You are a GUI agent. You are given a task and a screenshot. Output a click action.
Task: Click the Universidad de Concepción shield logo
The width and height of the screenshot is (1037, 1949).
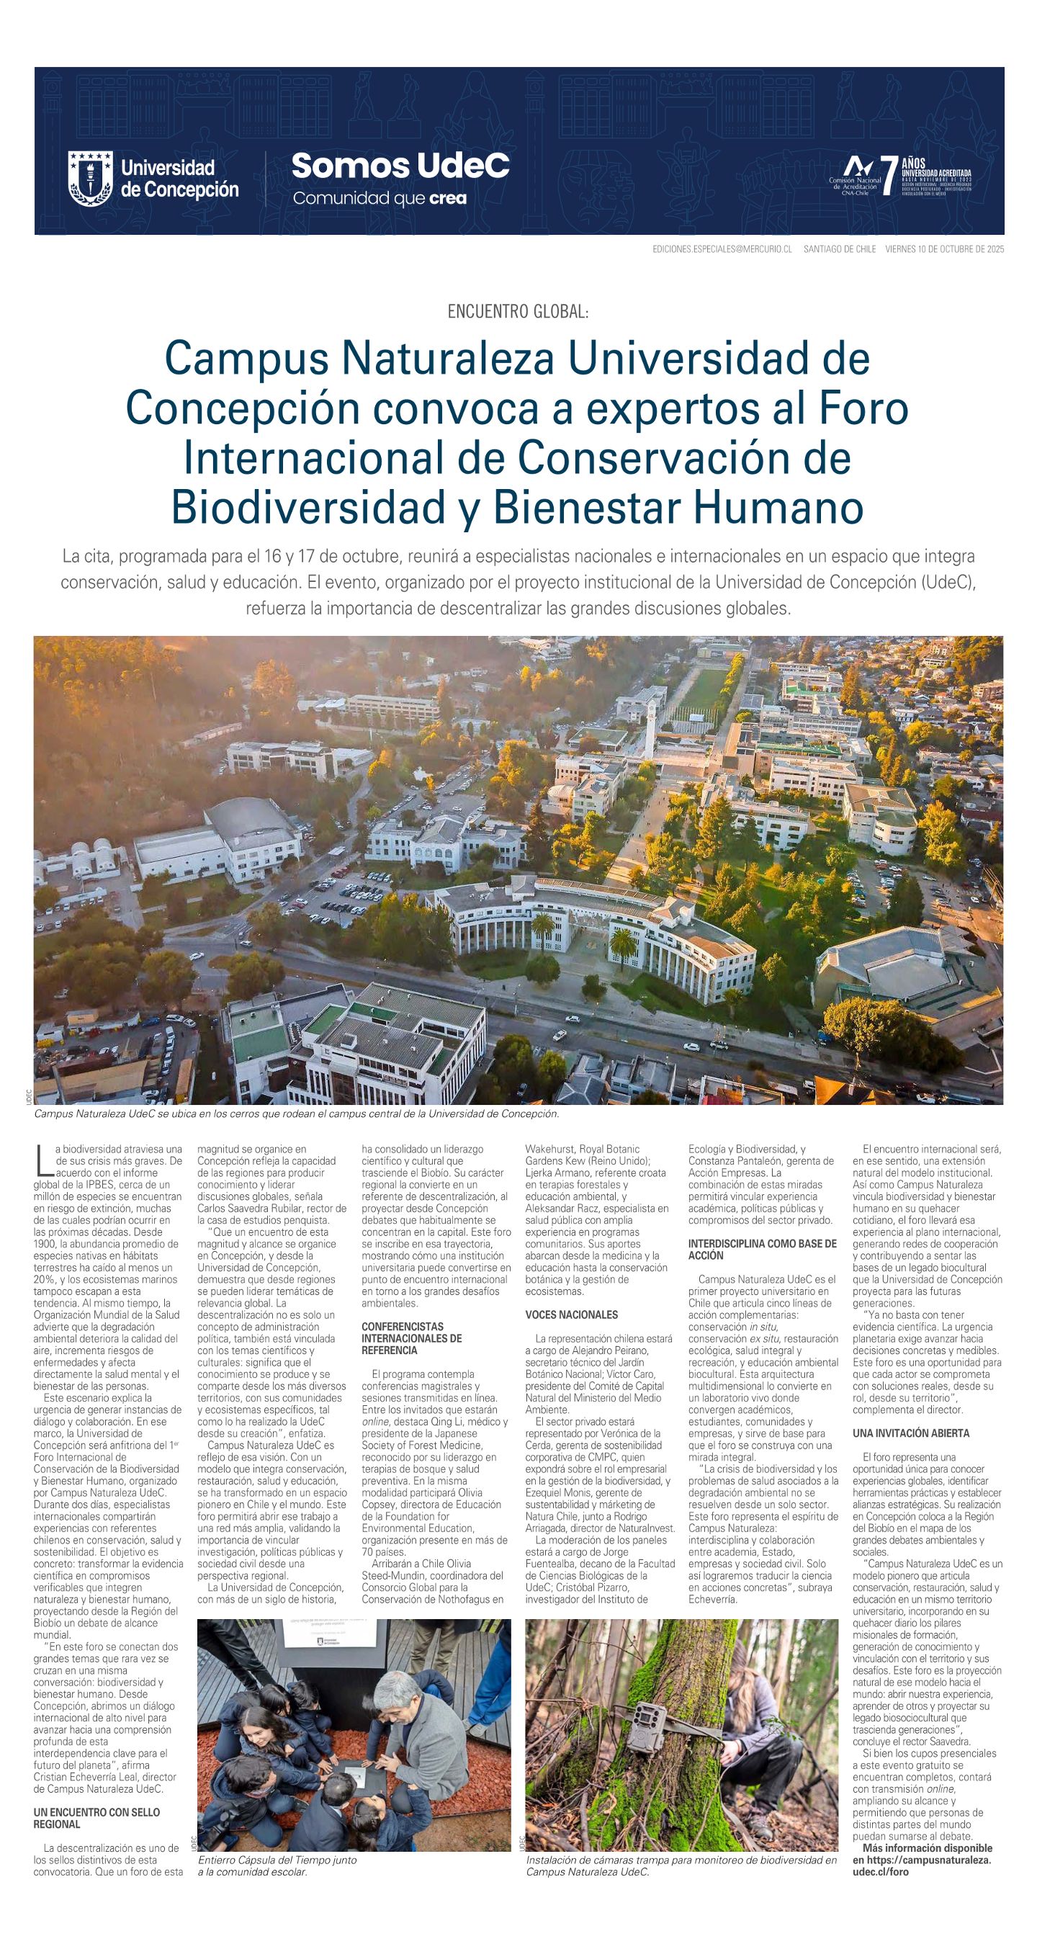pyautogui.click(x=90, y=178)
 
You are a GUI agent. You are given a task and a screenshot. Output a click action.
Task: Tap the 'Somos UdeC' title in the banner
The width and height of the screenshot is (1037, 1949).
pyautogui.click(x=400, y=166)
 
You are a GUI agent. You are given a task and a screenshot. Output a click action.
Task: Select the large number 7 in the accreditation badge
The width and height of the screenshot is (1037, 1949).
pyautogui.click(x=889, y=177)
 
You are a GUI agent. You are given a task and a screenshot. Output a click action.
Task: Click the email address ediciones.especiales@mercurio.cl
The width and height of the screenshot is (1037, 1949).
pyautogui.click(x=722, y=249)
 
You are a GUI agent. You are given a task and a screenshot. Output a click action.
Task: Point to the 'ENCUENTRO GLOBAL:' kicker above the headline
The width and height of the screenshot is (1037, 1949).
pyautogui.click(x=518, y=312)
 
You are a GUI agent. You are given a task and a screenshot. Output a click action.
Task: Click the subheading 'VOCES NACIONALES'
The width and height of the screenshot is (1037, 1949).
pyautogui.click(x=571, y=1315)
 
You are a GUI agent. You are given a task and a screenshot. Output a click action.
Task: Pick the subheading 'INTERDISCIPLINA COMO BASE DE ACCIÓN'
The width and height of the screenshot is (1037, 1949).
pyautogui.click(x=762, y=1249)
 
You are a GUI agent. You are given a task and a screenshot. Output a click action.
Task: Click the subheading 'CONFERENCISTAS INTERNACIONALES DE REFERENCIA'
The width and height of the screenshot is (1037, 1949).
pyautogui.click(x=411, y=1338)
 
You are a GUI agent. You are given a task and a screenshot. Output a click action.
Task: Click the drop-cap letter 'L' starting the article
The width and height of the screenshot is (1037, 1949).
pyautogui.click(x=42, y=1157)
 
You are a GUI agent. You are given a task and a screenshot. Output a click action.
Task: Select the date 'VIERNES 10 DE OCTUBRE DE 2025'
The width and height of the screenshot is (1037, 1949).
pyautogui.click(x=944, y=249)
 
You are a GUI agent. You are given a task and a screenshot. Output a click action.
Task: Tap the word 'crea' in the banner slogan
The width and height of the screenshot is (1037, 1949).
pyautogui.click(x=447, y=199)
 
